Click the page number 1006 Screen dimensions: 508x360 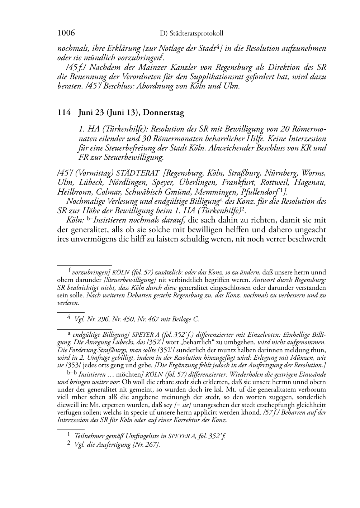66,33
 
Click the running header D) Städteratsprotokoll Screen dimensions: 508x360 191,33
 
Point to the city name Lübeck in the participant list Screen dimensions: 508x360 83,183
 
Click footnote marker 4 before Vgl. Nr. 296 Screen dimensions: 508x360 69,318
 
